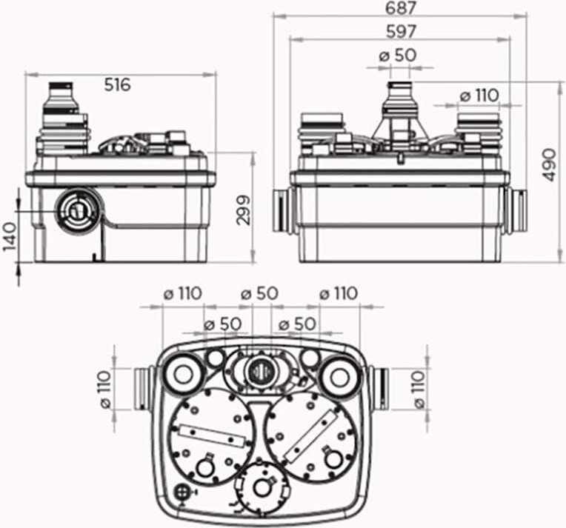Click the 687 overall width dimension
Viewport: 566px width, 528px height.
(x=401, y=8)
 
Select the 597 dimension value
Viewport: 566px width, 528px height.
(x=401, y=32)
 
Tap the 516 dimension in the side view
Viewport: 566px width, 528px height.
(x=118, y=85)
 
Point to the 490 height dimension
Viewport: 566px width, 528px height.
(x=549, y=164)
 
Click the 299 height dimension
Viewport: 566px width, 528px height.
(x=244, y=210)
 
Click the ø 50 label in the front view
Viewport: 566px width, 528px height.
(x=398, y=56)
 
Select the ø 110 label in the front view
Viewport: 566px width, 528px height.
(x=479, y=96)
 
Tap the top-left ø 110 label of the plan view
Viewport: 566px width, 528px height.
(x=183, y=293)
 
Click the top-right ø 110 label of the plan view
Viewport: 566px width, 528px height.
(x=339, y=293)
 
